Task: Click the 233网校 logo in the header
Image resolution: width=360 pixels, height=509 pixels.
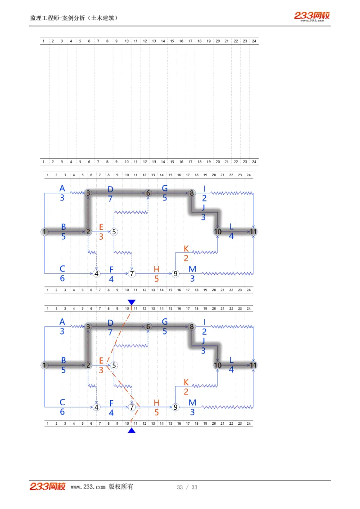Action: click(312, 16)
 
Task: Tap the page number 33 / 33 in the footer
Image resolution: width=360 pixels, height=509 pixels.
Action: click(187, 487)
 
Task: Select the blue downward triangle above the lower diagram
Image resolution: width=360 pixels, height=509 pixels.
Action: click(131, 303)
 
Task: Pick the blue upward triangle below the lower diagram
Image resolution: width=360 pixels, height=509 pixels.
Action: click(131, 430)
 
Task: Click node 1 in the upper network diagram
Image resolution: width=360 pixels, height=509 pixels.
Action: click(44, 232)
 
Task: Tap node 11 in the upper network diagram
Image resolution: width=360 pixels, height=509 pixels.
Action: click(254, 232)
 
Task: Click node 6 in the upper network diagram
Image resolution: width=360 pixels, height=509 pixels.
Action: click(148, 193)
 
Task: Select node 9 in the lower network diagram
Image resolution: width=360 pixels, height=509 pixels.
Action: click(175, 407)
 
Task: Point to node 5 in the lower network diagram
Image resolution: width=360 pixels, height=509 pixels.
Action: click(114, 365)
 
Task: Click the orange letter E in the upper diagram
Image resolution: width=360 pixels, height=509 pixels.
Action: click(101, 227)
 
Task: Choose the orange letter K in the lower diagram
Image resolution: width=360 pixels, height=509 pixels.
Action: click(186, 382)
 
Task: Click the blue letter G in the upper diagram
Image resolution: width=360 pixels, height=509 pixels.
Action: click(165, 188)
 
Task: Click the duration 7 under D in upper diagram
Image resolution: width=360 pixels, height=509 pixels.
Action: click(110, 198)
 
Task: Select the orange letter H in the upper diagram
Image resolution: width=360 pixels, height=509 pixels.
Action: click(156, 269)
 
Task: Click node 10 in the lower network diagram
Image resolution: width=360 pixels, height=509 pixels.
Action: click(218, 365)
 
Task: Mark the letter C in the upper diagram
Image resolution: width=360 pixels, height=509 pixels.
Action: click(62, 269)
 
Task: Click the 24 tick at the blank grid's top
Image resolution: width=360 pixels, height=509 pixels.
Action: click(254, 41)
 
